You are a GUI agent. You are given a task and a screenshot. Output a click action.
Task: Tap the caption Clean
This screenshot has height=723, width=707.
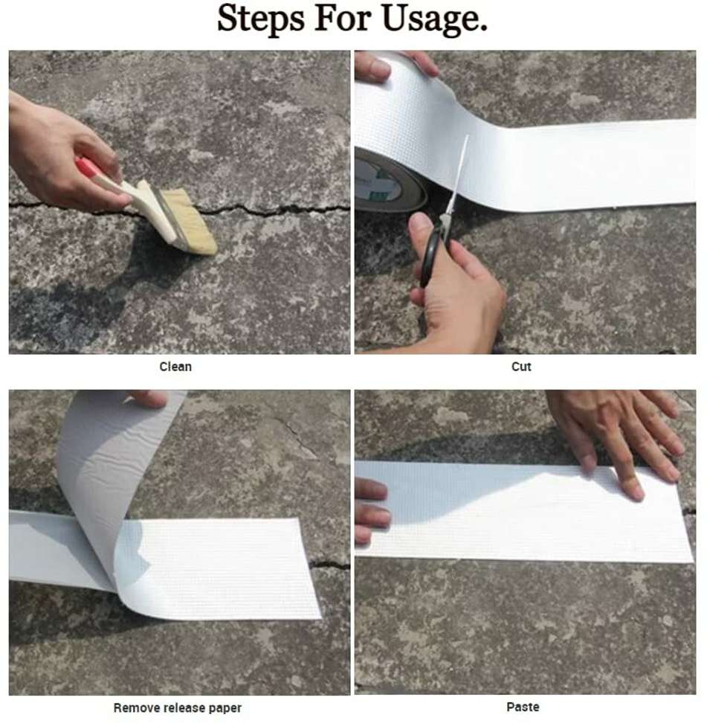[x=175, y=366]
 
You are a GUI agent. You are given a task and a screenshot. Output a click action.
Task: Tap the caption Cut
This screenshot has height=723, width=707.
[x=521, y=366]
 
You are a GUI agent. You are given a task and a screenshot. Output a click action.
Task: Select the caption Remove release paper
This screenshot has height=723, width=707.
[x=177, y=707]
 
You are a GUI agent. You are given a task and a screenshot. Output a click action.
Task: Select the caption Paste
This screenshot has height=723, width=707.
[x=523, y=707]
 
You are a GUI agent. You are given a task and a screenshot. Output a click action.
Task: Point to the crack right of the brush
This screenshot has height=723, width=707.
[x=283, y=209]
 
